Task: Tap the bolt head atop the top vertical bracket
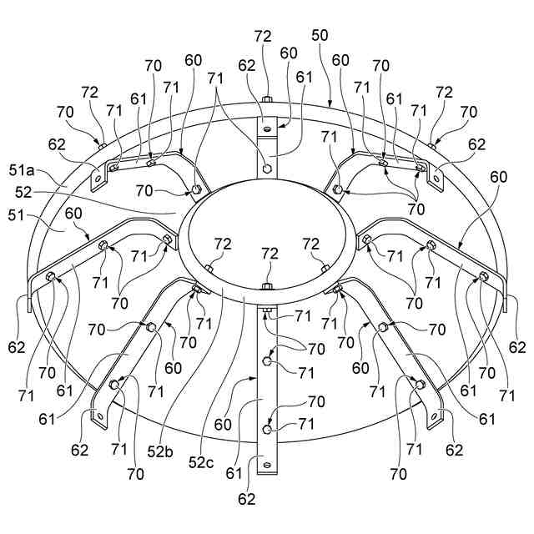267,102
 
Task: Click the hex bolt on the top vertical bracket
266,167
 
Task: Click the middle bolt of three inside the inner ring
267,288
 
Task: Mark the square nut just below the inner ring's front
266,314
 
